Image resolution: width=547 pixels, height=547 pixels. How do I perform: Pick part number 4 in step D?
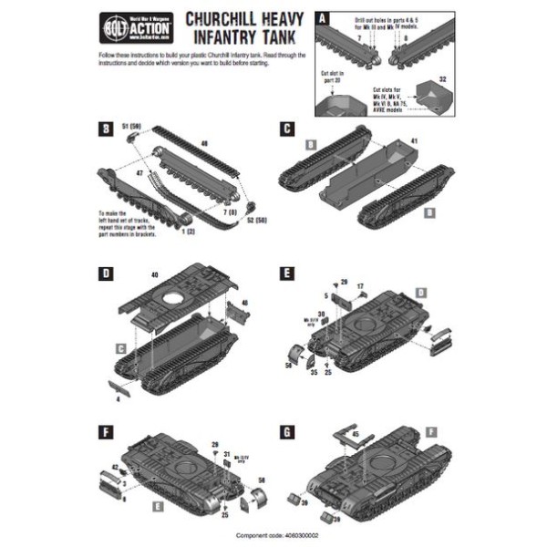(119, 398)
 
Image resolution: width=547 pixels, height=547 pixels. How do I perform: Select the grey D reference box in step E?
(420, 292)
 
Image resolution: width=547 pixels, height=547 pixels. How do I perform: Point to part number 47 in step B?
(139, 170)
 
